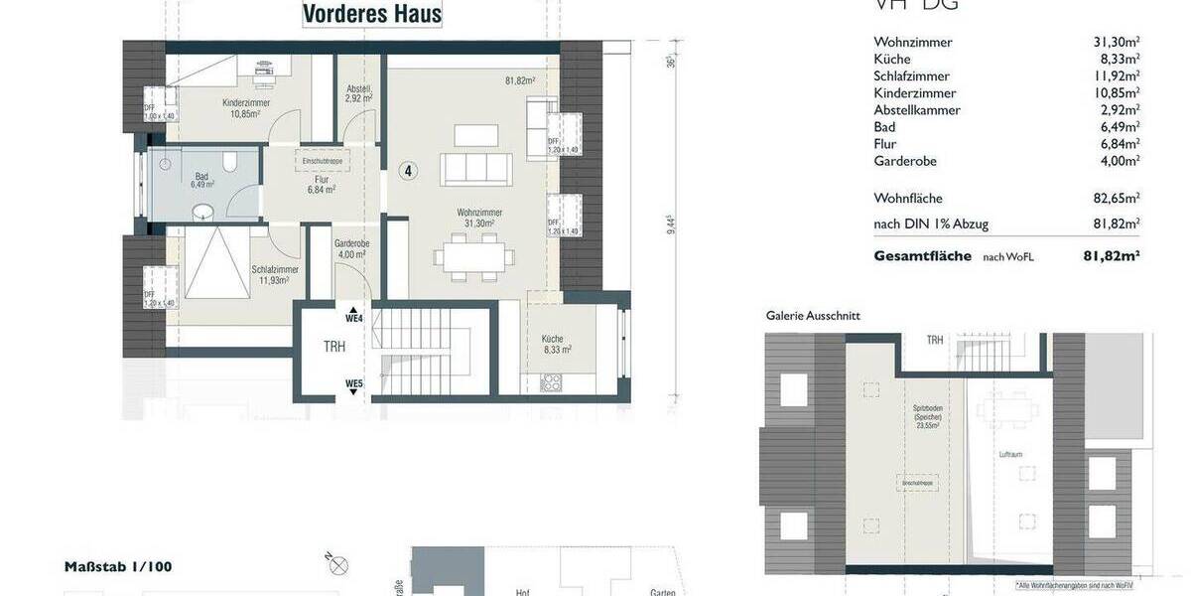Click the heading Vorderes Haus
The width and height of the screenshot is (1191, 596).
[372, 14]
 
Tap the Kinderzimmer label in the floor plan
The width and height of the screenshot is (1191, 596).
[245, 103]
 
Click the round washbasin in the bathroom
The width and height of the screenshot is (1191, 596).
[202, 211]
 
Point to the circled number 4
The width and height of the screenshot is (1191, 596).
[408, 171]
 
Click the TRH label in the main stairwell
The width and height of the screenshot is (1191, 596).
[335, 348]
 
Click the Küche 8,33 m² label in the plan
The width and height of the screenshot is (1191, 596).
[557, 344]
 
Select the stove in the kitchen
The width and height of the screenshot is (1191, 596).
[552, 383]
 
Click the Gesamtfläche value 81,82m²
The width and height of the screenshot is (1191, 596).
[1111, 256]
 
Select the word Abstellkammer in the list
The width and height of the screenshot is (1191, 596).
[916, 110]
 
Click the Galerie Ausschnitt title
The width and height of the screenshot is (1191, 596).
[813, 315]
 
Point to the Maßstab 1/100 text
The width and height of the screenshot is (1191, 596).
[118, 567]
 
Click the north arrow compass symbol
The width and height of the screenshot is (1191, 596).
[338, 566]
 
